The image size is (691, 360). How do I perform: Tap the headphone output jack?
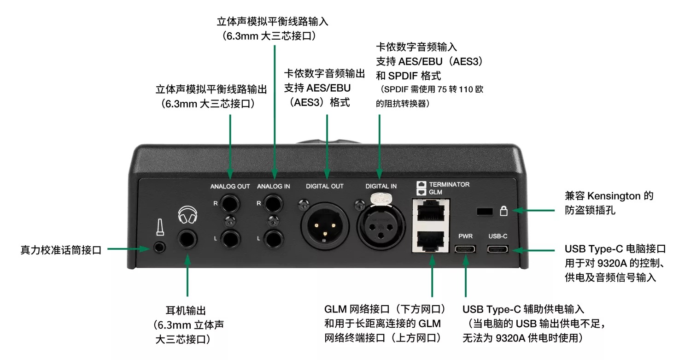(187, 240)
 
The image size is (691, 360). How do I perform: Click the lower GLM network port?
(431, 240)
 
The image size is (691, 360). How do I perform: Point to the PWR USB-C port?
(465, 249)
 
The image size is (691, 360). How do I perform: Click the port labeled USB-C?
(498, 249)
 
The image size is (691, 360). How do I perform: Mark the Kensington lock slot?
(483, 211)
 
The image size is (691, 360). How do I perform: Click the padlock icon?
(504, 211)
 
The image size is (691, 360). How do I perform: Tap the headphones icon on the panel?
(187, 215)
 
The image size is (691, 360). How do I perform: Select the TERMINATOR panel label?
(449, 184)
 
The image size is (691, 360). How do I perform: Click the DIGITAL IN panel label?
(381, 186)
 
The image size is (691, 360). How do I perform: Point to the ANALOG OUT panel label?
(230, 186)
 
